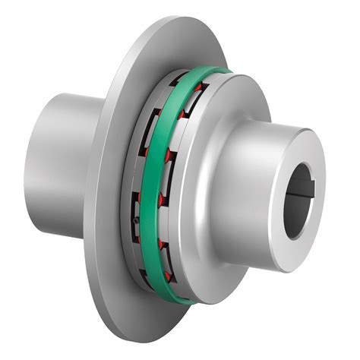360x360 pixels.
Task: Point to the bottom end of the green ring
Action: [182, 298]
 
